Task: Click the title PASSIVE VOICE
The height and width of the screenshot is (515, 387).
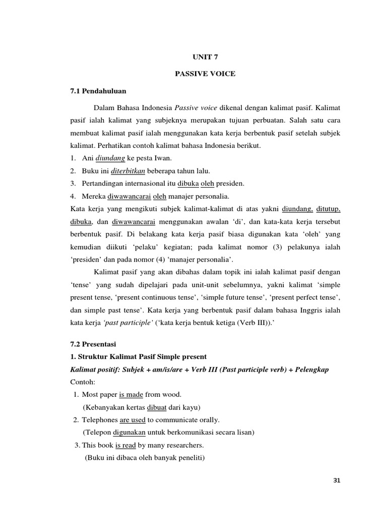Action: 205,74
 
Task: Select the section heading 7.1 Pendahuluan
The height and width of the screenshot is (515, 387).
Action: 98,92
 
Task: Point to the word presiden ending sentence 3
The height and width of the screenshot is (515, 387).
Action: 244,184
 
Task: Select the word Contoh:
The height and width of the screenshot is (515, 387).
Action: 83,382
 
